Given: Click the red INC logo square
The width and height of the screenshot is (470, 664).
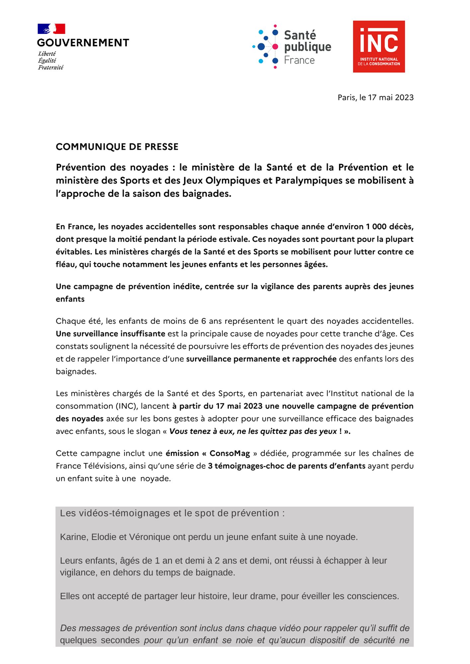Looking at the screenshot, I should [x=379, y=46].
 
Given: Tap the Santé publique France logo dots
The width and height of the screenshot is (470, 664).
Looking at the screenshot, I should [x=266, y=46].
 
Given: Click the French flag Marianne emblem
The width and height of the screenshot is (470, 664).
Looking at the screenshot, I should [x=51, y=29].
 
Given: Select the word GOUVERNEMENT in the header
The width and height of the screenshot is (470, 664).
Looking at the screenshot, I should [x=83, y=43].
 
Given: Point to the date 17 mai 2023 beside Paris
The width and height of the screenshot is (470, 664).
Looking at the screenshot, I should [x=391, y=98].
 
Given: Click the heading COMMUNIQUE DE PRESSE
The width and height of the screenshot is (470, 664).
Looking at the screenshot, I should [x=117, y=147].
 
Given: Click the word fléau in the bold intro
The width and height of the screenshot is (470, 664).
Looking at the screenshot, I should [x=66, y=265].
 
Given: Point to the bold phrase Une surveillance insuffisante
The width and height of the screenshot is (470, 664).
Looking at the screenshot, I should [x=110, y=334].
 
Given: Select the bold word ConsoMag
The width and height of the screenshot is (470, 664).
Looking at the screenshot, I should [x=230, y=454].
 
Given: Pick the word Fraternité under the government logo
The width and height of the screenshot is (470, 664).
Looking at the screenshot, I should [x=50, y=67].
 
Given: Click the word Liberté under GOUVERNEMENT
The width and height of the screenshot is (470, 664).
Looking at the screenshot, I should [x=47, y=54].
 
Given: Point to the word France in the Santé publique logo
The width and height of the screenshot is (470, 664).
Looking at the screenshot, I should [x=299, y=60].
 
